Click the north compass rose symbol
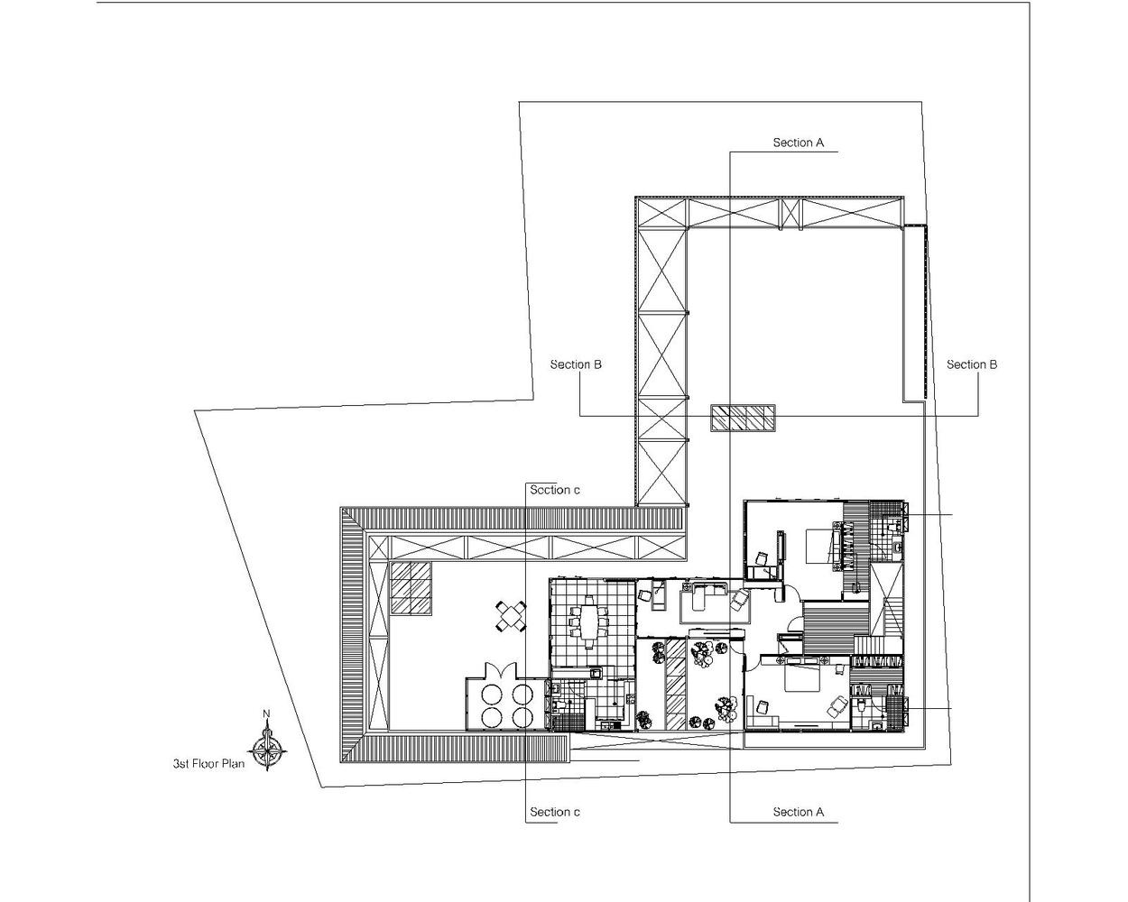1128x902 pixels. (x=268, y=750)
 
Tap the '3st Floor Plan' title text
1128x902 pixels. (x=208, y=764)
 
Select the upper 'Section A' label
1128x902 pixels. (x=799, y=143)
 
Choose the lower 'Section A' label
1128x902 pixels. (x=799, y=812)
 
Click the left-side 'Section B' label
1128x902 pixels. (x=576, y=364)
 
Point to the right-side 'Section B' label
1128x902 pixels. (x=972, y=364)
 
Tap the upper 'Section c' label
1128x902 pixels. (x=555, y=490)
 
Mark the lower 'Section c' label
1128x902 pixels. (x=555, y=812)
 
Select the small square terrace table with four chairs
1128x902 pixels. (x=511, y=616)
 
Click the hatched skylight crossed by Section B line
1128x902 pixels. (x=743, y=419)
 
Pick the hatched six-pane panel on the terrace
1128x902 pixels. (x=411, y=588)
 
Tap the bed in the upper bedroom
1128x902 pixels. (x=819, y=546)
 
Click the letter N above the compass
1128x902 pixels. (x=266, y=713)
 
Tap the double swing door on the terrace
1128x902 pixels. (x=502, y=670)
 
